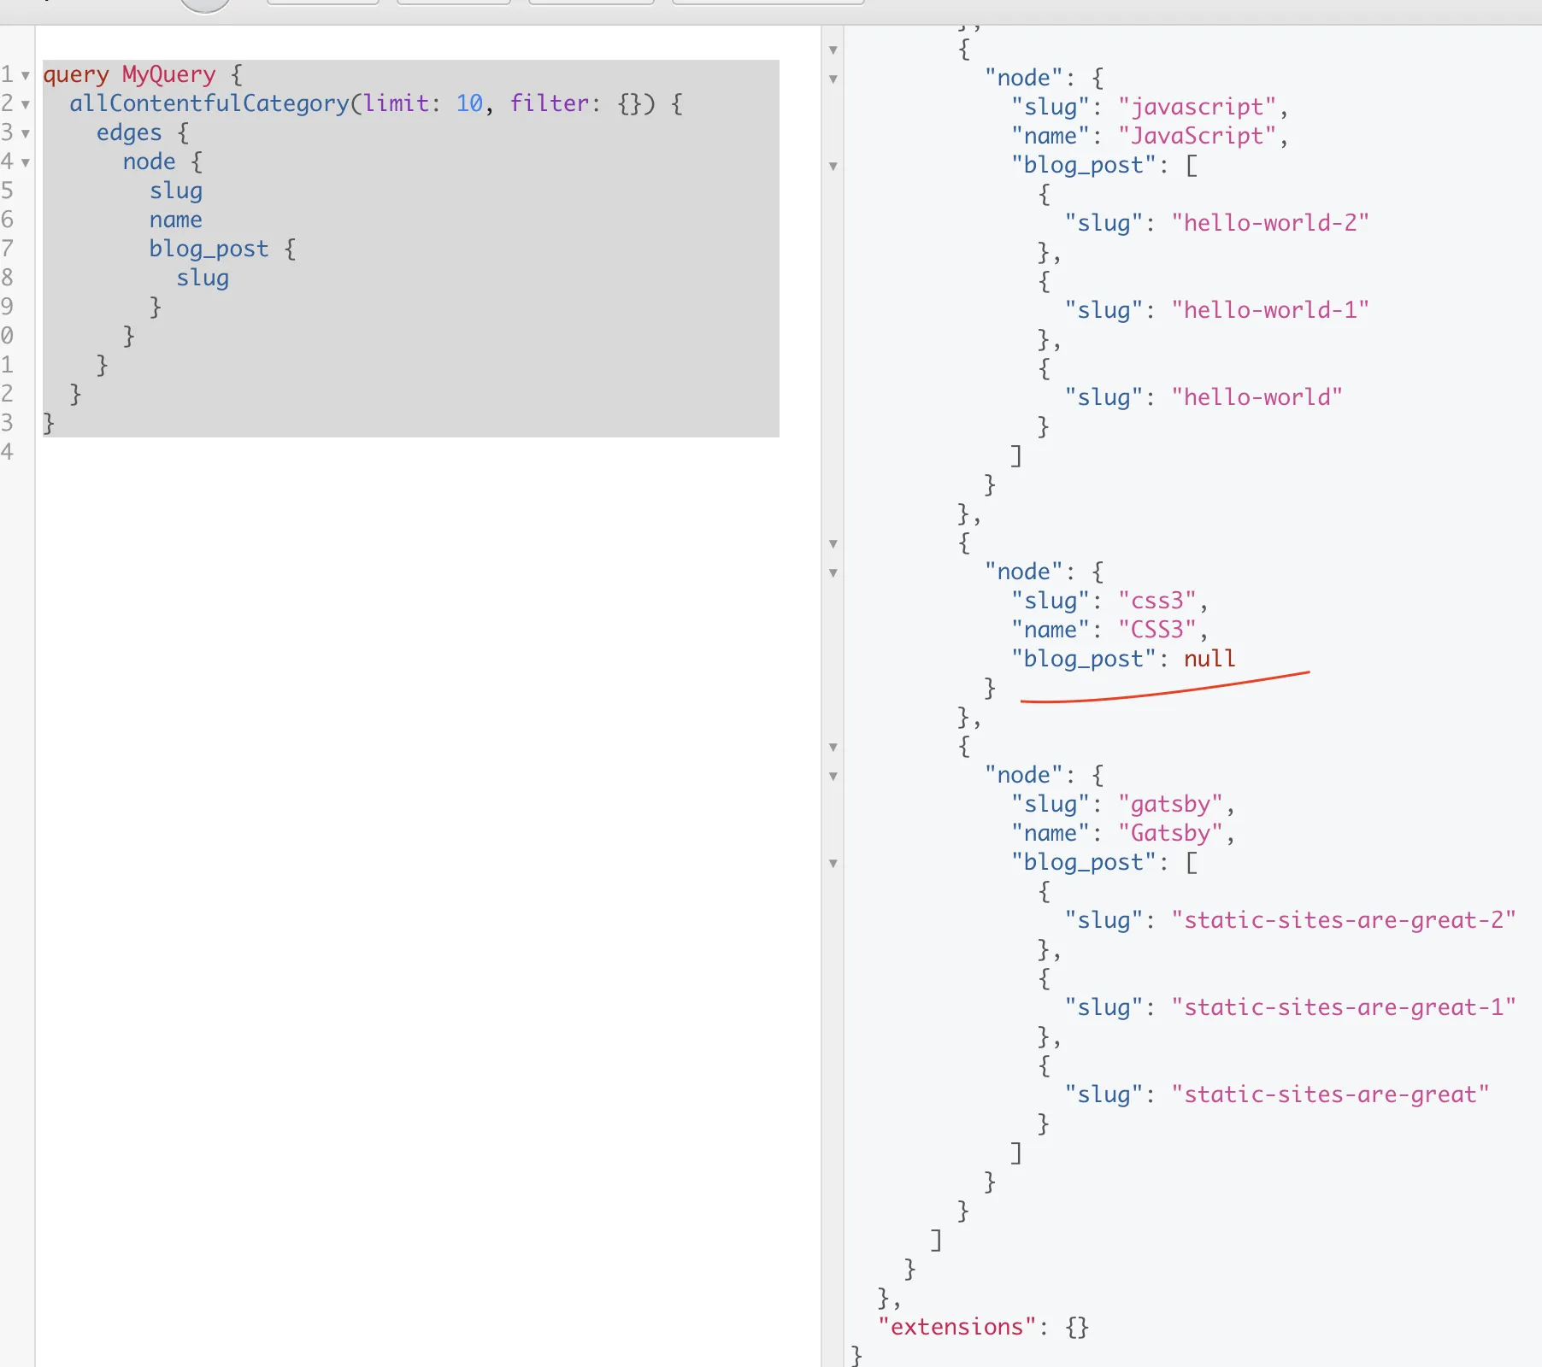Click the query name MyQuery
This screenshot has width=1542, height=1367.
(168, 74)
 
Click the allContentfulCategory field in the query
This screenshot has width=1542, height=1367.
(209, 103)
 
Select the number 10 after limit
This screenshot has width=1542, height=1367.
(469, 103)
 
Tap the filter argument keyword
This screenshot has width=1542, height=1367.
(549, 103)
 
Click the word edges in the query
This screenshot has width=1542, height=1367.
(128, 132)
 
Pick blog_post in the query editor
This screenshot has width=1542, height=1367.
(209, 249)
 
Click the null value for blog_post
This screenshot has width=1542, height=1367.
(1209, 659)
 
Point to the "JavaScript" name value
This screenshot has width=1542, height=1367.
(1196, 136)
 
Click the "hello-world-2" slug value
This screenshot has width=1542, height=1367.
(1269, 223)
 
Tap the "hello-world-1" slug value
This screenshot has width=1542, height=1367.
(1269, 310)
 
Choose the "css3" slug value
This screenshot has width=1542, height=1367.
(1156, 601)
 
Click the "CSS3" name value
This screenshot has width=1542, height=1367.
(1156, 630)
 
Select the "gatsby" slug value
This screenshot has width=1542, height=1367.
(1170, 804)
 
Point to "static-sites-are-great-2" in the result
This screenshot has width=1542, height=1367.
(1343, 920)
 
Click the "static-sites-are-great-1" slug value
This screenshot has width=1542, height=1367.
(1343, 1007)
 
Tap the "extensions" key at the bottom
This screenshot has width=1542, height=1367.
(956, 1327)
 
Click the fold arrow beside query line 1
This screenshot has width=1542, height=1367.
(26, 75)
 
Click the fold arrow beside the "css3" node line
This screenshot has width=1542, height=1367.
(833, 573)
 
